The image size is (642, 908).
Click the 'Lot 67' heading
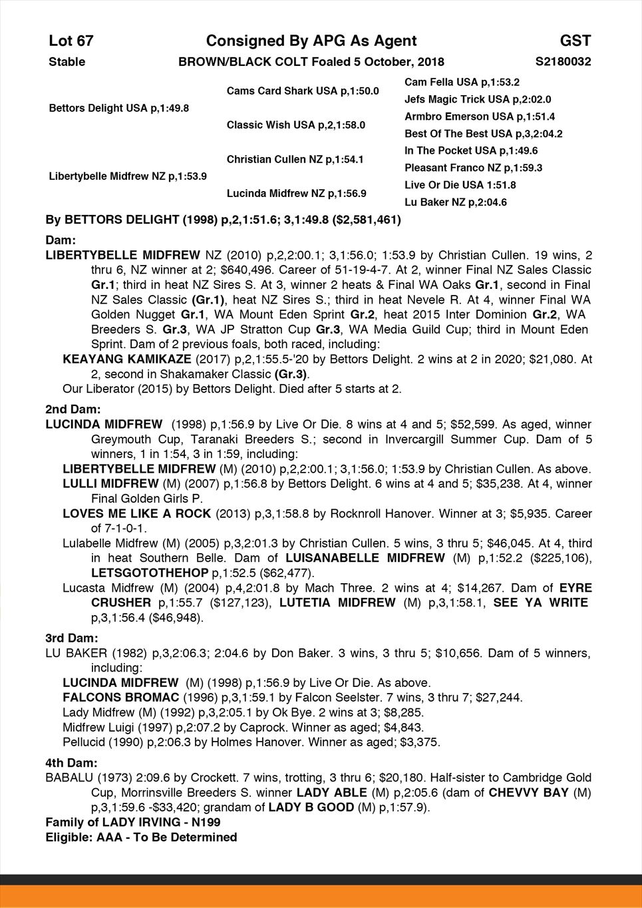[71, 41]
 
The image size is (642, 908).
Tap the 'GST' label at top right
[575, 41]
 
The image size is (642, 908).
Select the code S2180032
[563, 62]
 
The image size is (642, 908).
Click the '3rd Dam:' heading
[71, 638]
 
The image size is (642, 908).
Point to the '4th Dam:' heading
[71, 763]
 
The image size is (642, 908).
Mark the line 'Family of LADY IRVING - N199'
[133, 822]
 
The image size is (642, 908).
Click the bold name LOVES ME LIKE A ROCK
[136, 514]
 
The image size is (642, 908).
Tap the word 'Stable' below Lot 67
[67, 62]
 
